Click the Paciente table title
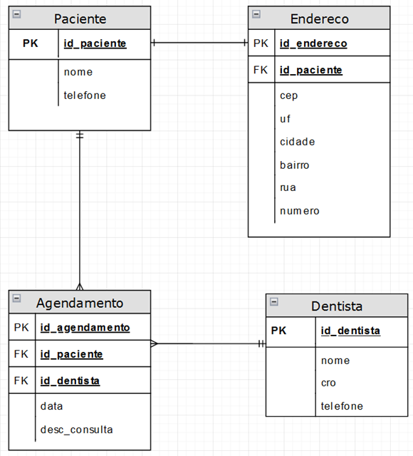(x=80, y=19)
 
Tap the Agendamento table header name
(x=80, y=302)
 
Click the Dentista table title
(x=337, y=306)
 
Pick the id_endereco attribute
(x=313, y=43)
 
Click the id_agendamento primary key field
(x=85, y=328)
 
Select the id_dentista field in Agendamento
(x=70, y=380)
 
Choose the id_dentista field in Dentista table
(x=350, y=331)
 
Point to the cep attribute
(x=288, y=95)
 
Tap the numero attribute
(x=299, y=211)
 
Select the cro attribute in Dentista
(x=328, y=383)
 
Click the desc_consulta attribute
(x=77, y=429)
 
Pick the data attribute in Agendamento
(x=52, y=405)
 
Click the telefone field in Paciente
(x=85, y=95)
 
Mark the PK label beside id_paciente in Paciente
(x=31, y=43)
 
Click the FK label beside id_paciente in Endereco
(x=261, y=70)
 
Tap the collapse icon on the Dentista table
(x=274, y=302)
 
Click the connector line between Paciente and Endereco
(x=199, y=43)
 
